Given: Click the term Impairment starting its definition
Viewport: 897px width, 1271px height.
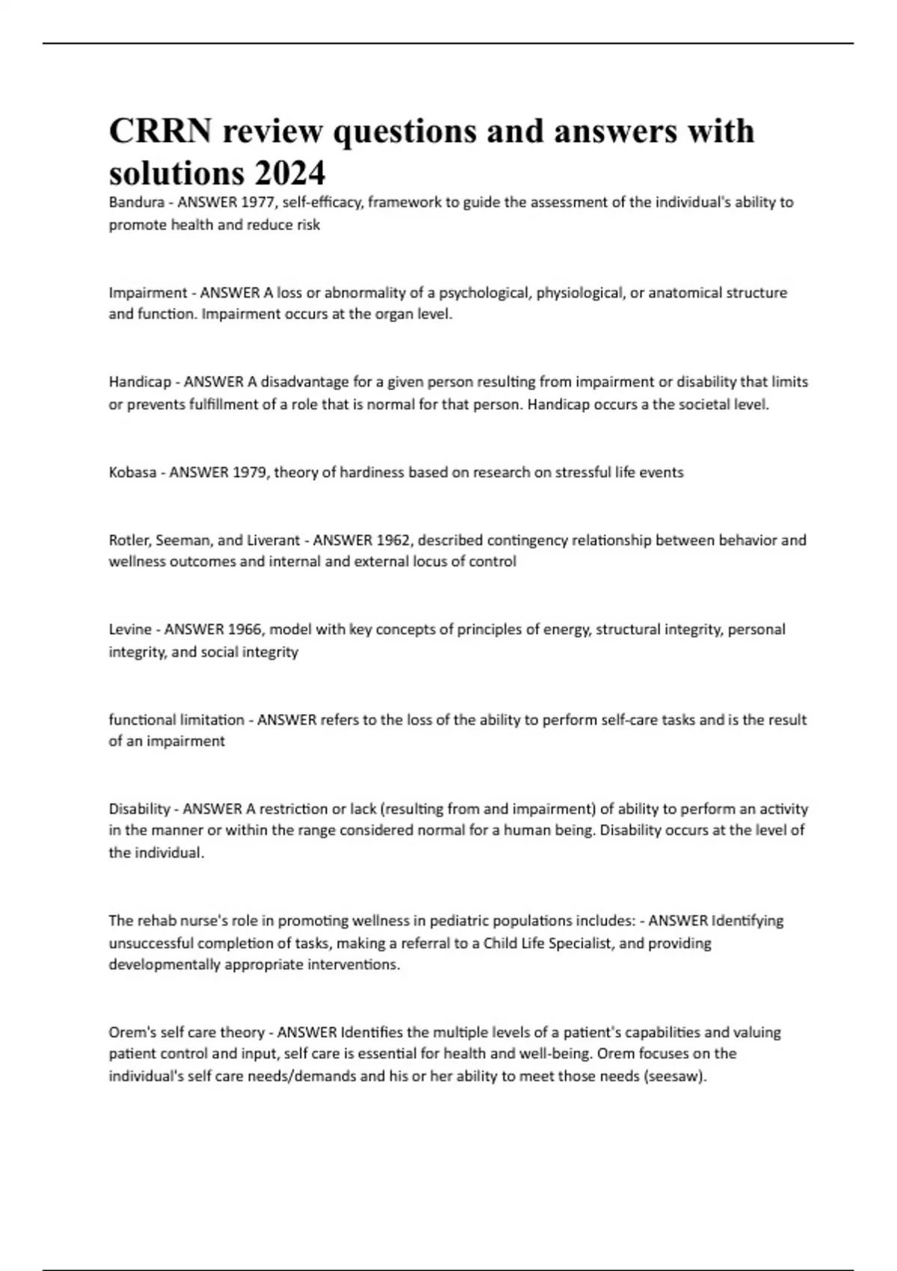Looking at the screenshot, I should [x=148, y=292].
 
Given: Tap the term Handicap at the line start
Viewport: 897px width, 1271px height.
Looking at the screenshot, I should [x=140, y=382].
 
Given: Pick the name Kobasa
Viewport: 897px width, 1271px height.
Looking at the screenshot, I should [x=132, y=473].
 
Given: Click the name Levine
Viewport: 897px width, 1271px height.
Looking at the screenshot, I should [x=129, y=630].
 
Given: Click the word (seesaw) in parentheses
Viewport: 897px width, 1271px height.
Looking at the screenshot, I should [x=674, y=1077].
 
